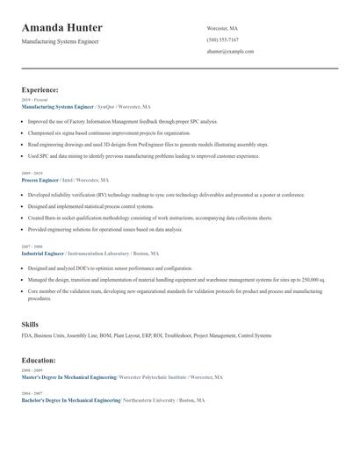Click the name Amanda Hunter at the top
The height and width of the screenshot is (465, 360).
[x=61, y=28]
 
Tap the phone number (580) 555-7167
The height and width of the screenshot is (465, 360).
[x=222, y=39]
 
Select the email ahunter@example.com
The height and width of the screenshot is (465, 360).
[x=230, y=52]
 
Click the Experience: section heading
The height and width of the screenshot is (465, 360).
[x=40, y=89]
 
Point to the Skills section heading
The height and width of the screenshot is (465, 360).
[x=30, y=325]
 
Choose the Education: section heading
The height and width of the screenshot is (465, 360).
[x=39, y=360]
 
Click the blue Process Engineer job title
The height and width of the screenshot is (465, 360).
[x=40, y=180]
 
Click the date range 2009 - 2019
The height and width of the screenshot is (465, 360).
[x=32, y=174]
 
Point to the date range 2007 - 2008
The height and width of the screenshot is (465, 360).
[x=32, y=247]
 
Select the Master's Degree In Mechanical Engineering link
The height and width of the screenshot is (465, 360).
[x=69, y=377]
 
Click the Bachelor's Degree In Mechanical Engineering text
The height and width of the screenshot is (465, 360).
[x=70, y=400]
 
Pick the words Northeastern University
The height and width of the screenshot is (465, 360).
[x=148, y=400]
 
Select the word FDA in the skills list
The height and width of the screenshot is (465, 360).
[x=26, y=335]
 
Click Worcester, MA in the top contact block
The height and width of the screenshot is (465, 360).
[x=222, y=28]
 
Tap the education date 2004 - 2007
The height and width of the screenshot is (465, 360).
[x=32, y=394]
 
